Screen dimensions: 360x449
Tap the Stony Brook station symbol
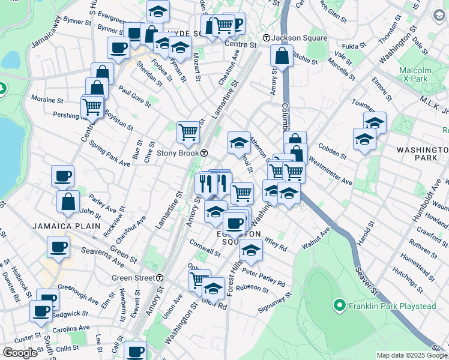tap(204, 153)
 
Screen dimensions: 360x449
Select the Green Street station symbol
tap(160, 278)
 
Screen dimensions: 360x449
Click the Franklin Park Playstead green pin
tap(340, 306)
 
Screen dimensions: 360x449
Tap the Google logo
tap(20, 353)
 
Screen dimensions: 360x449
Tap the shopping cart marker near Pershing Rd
tap(92, 107)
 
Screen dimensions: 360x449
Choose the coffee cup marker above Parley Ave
tap(62, 176)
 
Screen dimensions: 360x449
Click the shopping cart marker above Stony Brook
tap(188, 132)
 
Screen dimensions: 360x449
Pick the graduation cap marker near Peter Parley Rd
tap(251, 250)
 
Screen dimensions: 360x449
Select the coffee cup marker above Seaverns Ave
tap(59, 247)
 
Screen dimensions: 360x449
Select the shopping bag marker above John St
tap(68, 201)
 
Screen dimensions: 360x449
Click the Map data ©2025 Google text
tap(412, 355)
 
